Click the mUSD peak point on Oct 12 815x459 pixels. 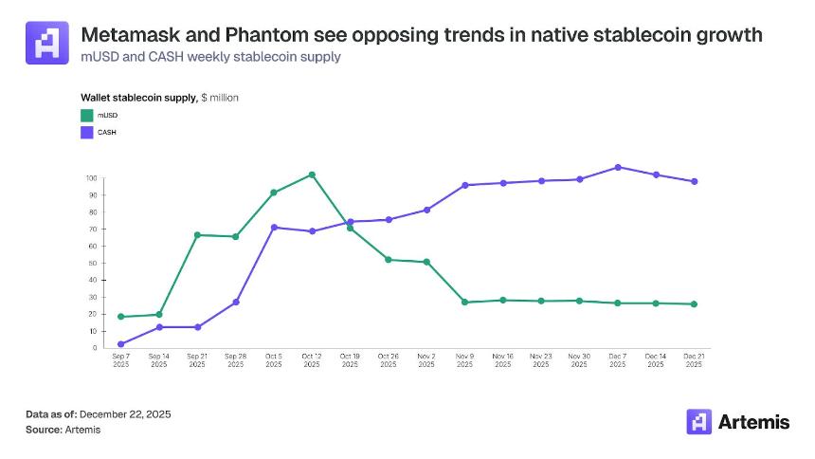[312, 174]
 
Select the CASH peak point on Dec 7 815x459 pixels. [618, 167]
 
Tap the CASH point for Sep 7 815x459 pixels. [120, 344]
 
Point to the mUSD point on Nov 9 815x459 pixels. [464, 302]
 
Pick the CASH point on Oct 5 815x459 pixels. [274, 228]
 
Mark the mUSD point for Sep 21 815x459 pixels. [197, 235]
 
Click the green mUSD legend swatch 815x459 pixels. [86, 116]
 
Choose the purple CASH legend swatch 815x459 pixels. [86, 132]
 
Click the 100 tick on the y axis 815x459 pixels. [92, 178]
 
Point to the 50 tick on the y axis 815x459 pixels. [93, 263]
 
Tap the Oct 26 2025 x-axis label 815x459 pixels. [389, 360]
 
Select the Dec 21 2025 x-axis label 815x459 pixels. [694, 360]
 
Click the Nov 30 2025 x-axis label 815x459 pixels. [579, 360]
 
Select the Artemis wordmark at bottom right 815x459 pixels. [753, 422]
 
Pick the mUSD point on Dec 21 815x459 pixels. [694, 304]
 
